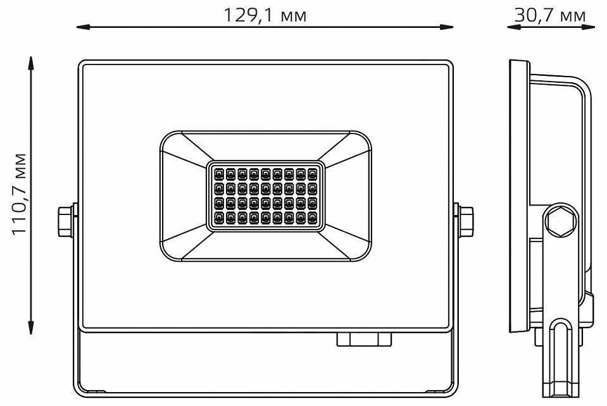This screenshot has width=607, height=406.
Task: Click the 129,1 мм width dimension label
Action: (x=265, y=15)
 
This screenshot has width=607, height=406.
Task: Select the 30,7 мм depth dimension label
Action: (x=550, y=15)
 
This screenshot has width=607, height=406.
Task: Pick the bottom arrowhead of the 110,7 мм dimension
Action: (x=30, y=328)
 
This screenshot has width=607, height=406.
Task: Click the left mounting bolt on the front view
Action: (x=66, y=221)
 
